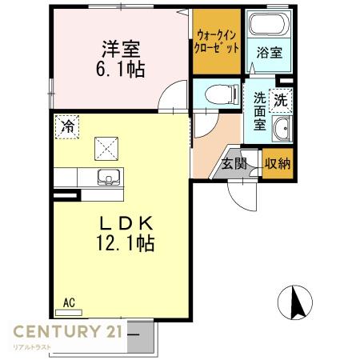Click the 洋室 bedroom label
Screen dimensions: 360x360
121,49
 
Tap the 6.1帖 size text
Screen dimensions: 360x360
121,69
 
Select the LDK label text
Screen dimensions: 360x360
126,223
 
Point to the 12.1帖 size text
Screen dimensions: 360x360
126,242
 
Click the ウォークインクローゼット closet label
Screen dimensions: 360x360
217,42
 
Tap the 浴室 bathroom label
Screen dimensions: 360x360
270,53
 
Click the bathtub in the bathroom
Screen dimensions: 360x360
269,23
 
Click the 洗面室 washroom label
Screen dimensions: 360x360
259,111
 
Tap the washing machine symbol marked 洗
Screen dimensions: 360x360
281,100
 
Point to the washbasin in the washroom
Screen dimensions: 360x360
282,129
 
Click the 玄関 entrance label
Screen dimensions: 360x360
234,163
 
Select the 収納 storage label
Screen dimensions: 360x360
278,163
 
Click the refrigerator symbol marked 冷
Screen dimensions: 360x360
67,127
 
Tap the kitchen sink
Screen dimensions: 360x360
109,177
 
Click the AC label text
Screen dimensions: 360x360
69,303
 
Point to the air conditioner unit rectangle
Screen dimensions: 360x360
69,313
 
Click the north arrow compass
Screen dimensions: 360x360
295,302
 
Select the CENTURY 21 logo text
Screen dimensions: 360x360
68,331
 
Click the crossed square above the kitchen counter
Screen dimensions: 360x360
106,149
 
